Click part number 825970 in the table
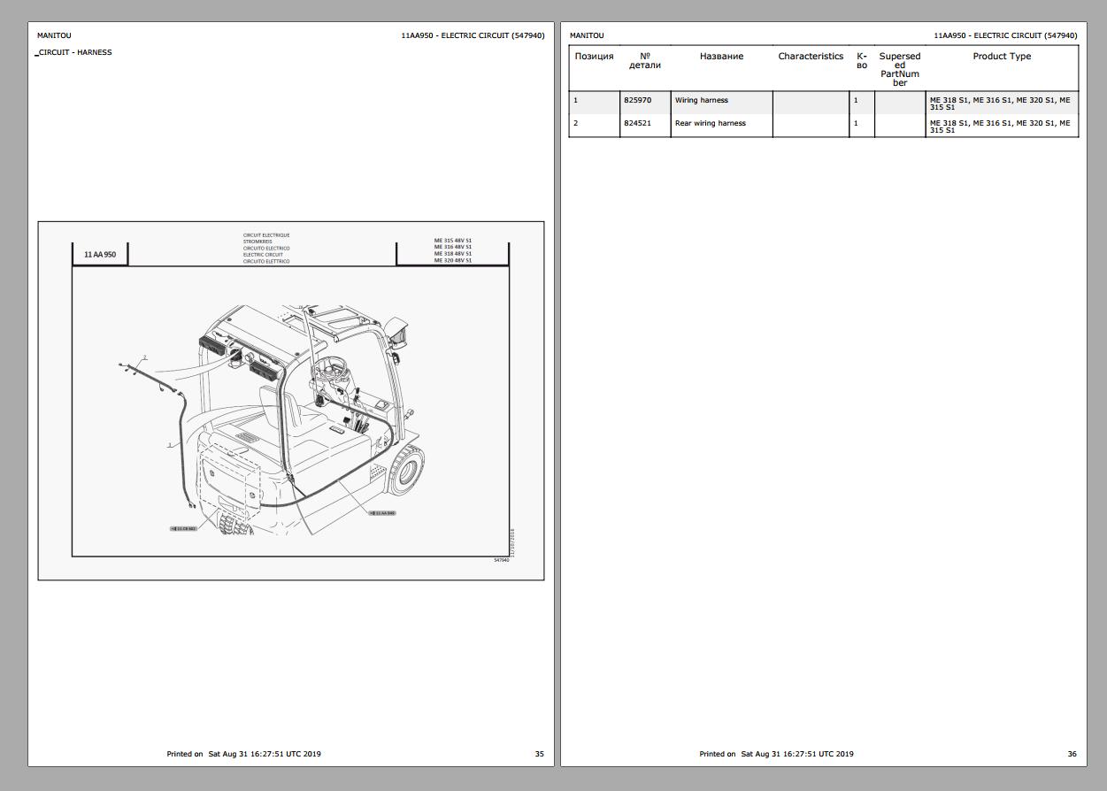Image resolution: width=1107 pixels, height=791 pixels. tap(637, 101)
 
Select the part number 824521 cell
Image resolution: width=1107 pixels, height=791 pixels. tap(637, 124)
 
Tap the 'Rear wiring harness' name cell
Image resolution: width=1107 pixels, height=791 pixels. tap(710, 124)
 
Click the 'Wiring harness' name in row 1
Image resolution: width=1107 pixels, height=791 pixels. tap(701, 101)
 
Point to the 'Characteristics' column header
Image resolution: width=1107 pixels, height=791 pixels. tap(811, 57)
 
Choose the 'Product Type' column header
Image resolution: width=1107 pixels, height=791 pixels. tap(1002, 57)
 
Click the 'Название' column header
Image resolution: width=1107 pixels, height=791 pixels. tap(721, 57)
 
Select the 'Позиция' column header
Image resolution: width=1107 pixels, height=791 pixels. tap(594, 57)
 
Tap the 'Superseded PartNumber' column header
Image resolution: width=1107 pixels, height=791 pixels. tap(899, 69)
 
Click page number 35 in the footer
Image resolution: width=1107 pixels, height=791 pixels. tap(539, 755)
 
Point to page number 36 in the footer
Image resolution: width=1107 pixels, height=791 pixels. tap(1072, 755)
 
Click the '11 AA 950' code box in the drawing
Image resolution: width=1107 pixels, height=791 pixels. tap(100, 255)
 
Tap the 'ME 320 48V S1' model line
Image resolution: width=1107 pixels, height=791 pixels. tap(453, 261)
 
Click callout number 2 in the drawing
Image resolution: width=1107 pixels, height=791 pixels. tap(145, 357)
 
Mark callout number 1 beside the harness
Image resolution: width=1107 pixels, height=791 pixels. tap(169, 445)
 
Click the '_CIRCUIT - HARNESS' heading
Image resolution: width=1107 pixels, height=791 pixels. tap(74, 52)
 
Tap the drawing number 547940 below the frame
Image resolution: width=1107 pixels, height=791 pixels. tap(502, 560)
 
